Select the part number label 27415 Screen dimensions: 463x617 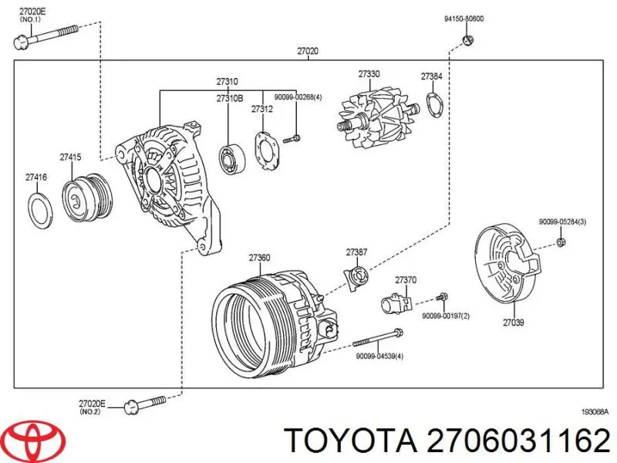click(70, 157)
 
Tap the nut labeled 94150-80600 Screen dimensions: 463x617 click(467, 39)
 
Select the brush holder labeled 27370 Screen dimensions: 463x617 click(396, 303)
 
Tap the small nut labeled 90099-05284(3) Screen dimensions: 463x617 click(561, 244)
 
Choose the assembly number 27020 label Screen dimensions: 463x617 click(308, 52)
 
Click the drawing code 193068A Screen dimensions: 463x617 click(594, 412)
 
